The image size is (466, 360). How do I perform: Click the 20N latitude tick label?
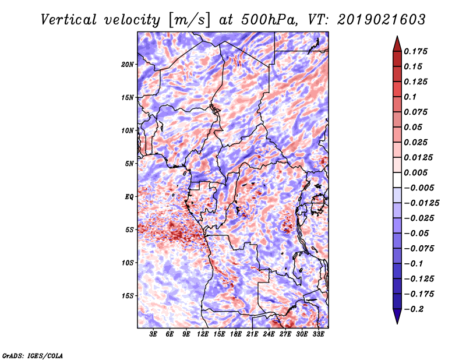pyautogui.click(x=128, y=65)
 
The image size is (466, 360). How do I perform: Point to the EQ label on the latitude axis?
pyautogui.click(x=129, y=197)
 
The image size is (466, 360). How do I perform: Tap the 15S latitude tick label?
pyautogui.click(x=128, y=296)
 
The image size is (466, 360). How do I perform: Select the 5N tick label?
pyautogui.click(x=129, y=164)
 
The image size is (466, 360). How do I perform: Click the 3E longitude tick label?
pyautogui.click(x=153, y=334)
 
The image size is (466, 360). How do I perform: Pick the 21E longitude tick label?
pyautogui.click(x=252, y=334)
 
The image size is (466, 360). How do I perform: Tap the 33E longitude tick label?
pyautogui.click(x=318, y=334)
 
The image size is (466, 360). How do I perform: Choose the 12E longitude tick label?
pyautogui.click(x=202, y=334)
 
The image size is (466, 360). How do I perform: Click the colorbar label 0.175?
pyautogui.click(x=415, y=51)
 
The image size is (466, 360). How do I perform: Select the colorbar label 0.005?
pyautogui.click(x=415, y=172)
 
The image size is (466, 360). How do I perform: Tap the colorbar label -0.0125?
pyautogui.click(x=421, y=203)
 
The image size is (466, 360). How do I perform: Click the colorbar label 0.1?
pyautogui.click(x=410, y=97)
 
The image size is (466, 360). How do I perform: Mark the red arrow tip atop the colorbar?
pyautogui.click(x=397, y=36)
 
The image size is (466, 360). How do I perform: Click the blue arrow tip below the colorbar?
pyautogui.click(x=397, y=323)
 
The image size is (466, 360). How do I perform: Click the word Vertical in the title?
pyautogui.click(x=69, y=20)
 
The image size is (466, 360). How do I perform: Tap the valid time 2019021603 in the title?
pyautogui.click(x=382, y=20)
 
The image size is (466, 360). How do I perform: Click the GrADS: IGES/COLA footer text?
pyautogui.click(x=33, y=356)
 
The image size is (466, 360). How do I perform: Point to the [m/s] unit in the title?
pyautogui.click(x=189, y=20)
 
